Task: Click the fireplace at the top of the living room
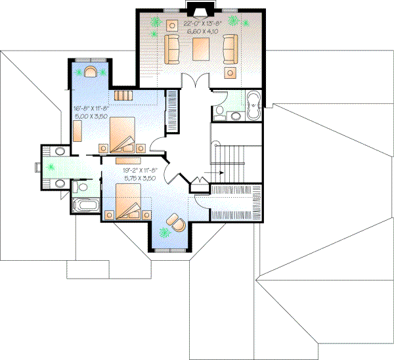196,9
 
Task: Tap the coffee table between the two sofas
201,48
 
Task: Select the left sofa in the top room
173,49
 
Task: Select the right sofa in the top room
229,49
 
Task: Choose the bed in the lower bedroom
129,199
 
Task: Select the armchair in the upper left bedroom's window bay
91,70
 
